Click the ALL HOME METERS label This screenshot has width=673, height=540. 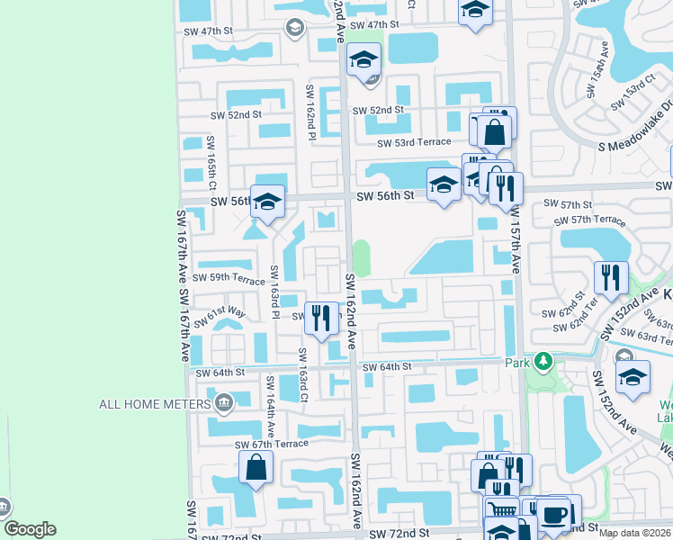point(153,404)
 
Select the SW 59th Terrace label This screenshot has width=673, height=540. point(231,279)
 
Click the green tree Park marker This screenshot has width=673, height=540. point(543,362)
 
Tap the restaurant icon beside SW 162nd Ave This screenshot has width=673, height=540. point(319,316)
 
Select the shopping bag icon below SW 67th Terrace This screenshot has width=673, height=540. point(256,467)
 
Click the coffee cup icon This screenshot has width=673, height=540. point(552,514)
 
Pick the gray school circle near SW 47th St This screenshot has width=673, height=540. point(294,29)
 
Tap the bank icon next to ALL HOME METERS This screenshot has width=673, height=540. point(223,401)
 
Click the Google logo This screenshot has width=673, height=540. point(29,529)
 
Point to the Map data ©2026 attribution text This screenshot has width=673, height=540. point(634,533)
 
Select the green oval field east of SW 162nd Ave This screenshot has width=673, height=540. point(361,258)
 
